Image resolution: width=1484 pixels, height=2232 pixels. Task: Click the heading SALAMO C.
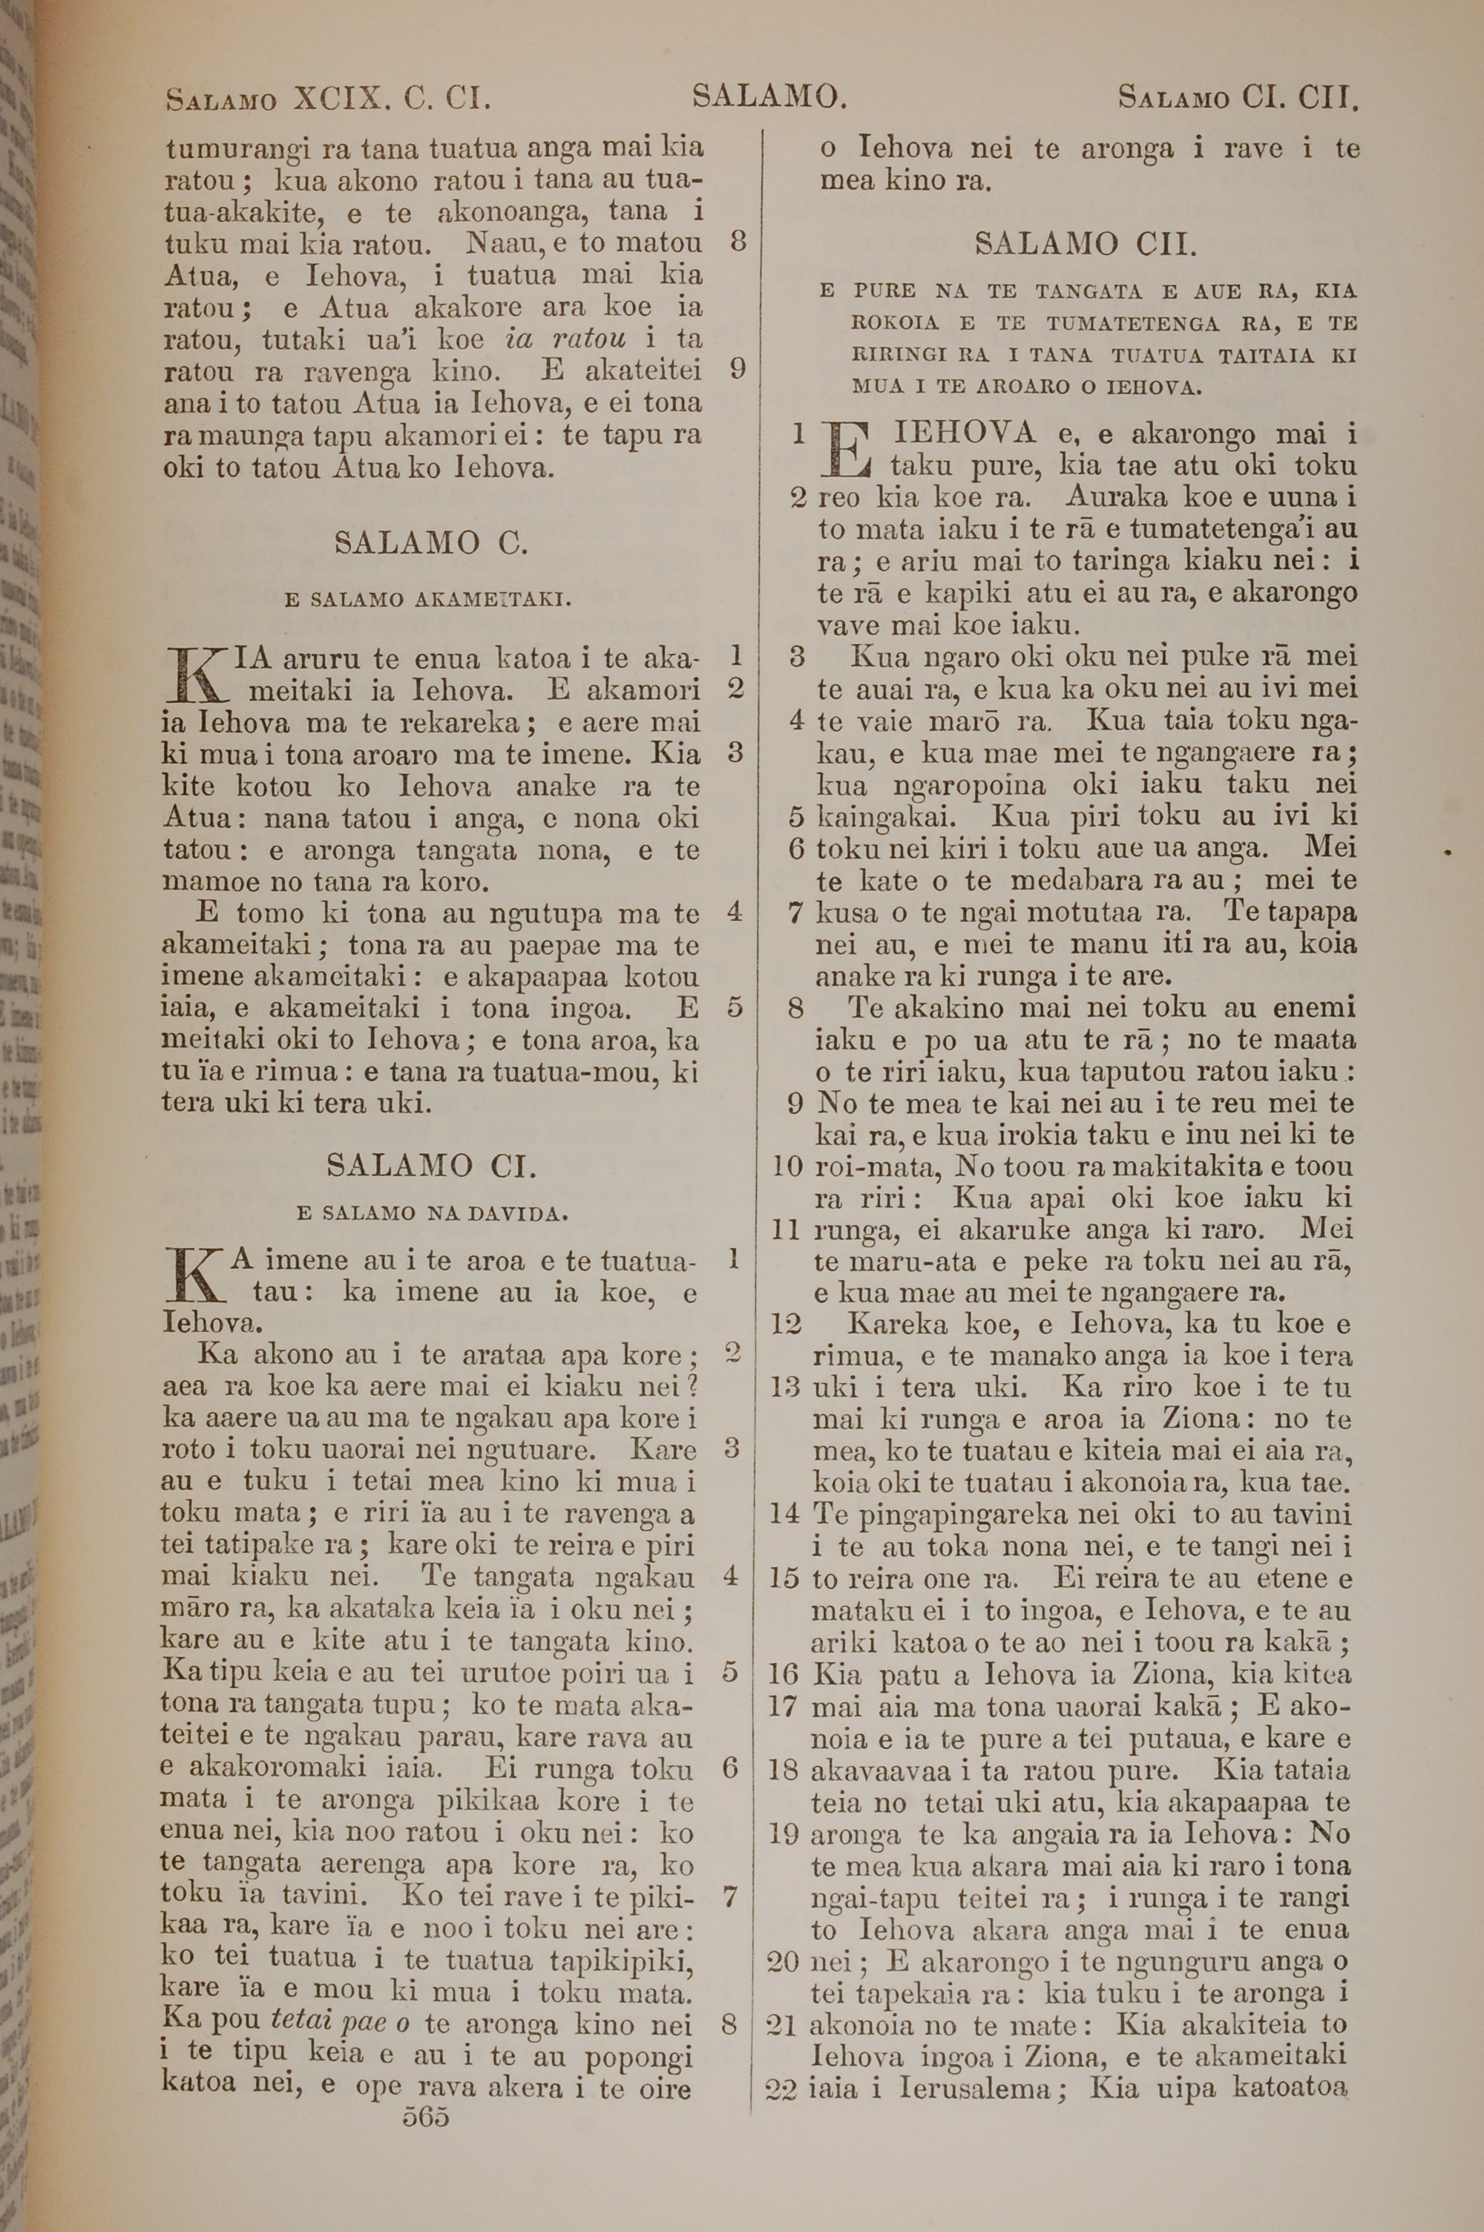click(432, 543)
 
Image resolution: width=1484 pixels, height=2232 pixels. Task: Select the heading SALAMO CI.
click(432, 1165)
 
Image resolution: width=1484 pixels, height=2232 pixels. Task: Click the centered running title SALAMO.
click(769, 96)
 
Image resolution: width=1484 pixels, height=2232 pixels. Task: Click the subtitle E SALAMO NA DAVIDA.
click(433, 1213)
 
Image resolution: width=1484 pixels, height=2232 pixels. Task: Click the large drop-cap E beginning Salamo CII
click(847, 450)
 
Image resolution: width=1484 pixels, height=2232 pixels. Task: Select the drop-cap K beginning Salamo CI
click(193, 1275)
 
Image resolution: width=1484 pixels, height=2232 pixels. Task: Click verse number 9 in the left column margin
click(738, 369)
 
